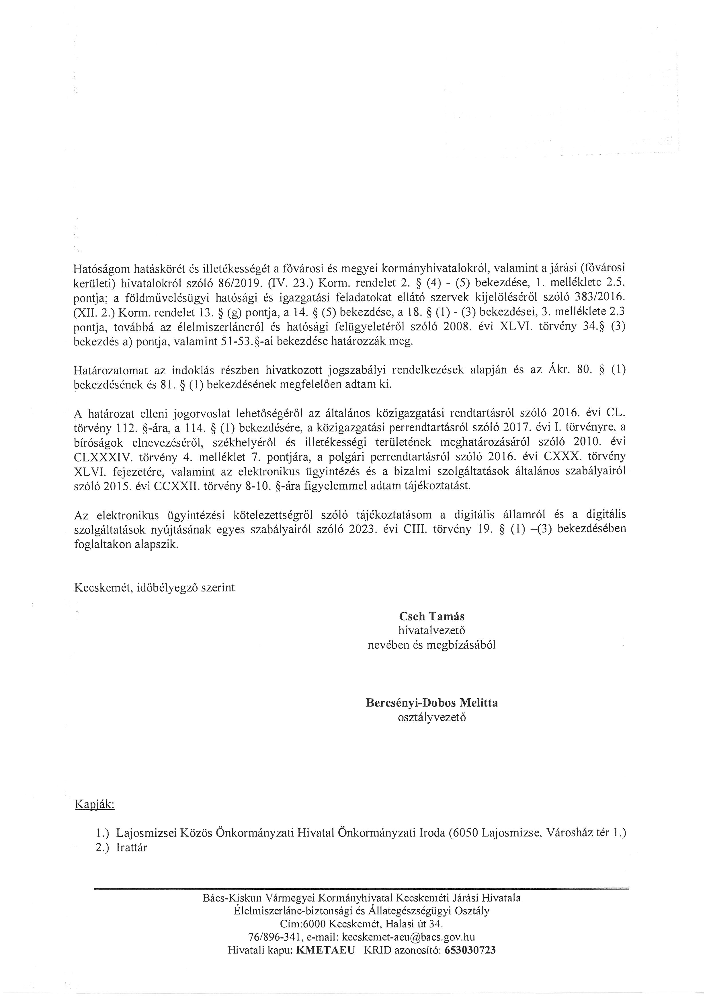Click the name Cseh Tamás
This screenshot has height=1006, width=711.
point(432,616)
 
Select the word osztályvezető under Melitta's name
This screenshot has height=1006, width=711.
point(432,718)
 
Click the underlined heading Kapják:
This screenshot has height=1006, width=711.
point(95,805)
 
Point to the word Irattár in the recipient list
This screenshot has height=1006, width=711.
point(132,847)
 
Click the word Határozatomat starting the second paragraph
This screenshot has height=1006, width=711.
point(110,370)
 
